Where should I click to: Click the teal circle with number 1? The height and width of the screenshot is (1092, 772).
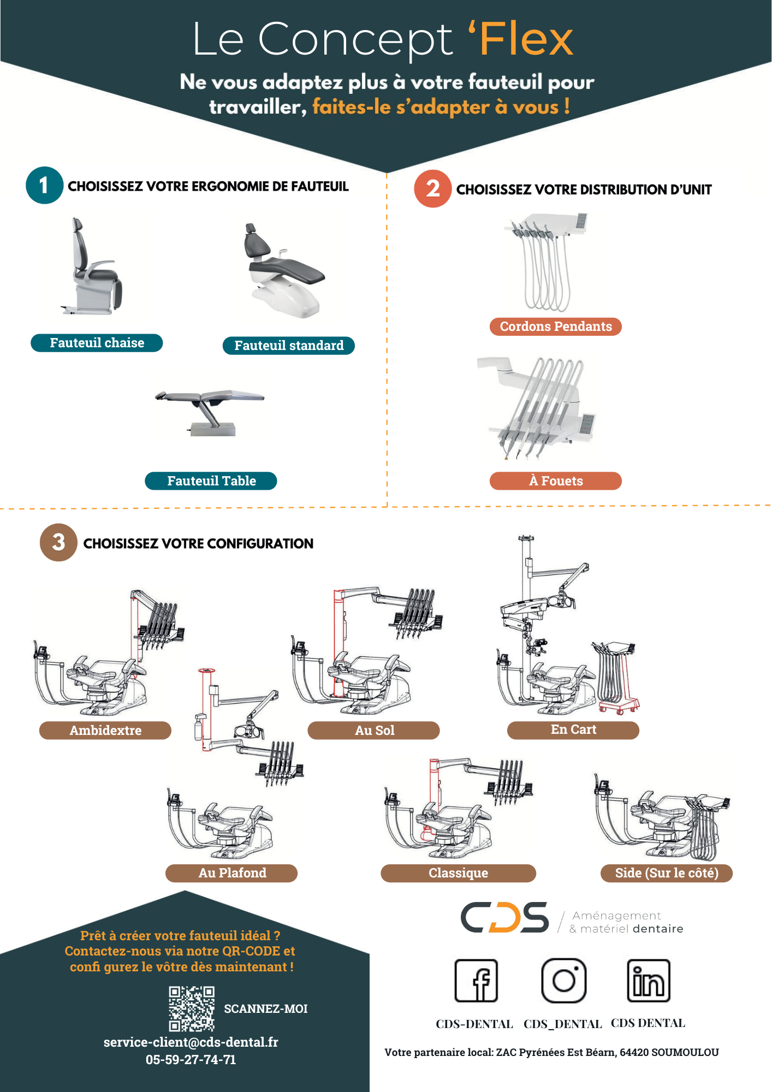[44, 186]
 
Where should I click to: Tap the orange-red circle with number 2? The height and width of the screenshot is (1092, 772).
[432, 189]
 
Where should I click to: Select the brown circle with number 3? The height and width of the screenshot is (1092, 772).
[58, 542]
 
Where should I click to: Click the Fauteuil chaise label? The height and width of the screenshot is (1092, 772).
[97, 343]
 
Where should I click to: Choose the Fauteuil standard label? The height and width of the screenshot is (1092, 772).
[289, 346]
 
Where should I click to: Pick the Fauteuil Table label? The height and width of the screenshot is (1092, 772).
[211, 481]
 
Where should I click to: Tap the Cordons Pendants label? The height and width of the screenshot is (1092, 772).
[556, 327]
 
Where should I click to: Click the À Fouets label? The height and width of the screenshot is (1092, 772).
[556, 481]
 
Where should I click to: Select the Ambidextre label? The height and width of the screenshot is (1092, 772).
[105, 731]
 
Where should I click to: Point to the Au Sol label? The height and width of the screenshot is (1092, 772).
[374, 731]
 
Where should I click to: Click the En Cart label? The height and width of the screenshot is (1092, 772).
[573, 730]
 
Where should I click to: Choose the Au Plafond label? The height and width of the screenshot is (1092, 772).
[231, 873]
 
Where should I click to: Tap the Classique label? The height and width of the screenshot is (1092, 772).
[458, 873]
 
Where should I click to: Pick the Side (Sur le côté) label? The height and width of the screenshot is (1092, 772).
[666, 873]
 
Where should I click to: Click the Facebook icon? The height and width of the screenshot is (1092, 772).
[477, 981]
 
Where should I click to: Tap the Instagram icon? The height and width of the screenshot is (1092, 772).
[563, 981]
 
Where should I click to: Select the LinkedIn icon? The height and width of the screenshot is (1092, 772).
[649, 981]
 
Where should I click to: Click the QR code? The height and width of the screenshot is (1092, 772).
[191, 1008]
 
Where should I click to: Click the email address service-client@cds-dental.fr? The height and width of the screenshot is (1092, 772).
[191, 1042]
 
